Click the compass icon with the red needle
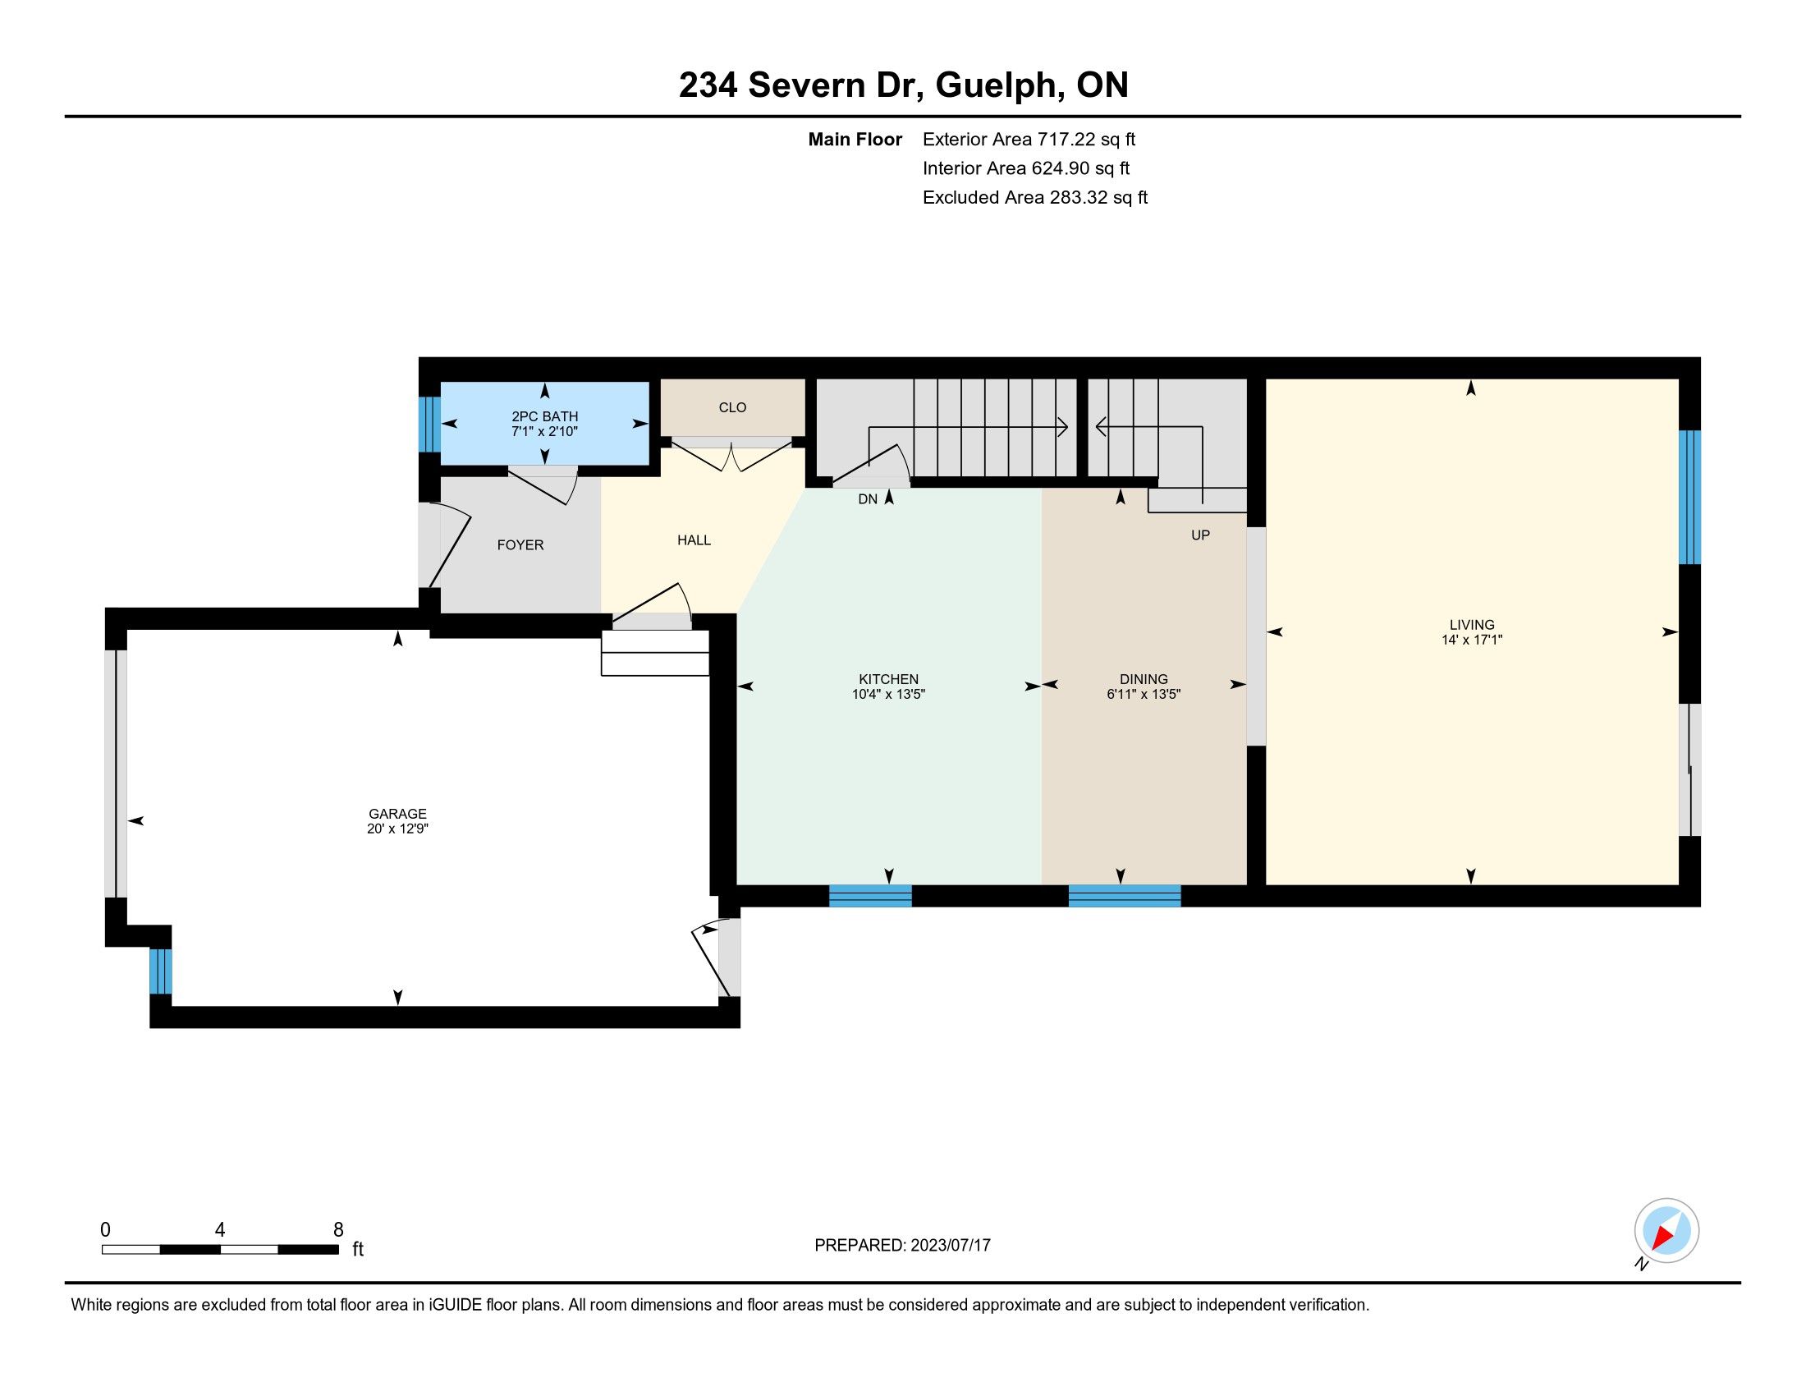1666,1230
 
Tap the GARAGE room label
398,814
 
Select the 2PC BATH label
544,417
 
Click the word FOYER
520,545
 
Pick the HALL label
694,540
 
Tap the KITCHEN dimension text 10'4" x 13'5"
888,695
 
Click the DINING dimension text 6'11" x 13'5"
1144,695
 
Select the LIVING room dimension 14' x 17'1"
1472,639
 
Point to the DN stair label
868,499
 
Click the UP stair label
1201,535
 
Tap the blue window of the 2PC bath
429,425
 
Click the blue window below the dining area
1125,896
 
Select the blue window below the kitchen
871,896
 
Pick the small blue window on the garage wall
160,971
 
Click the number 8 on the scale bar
338,1230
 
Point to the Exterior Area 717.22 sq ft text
1029,140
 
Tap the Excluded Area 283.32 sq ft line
1035,198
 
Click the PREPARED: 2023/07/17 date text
902,1245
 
